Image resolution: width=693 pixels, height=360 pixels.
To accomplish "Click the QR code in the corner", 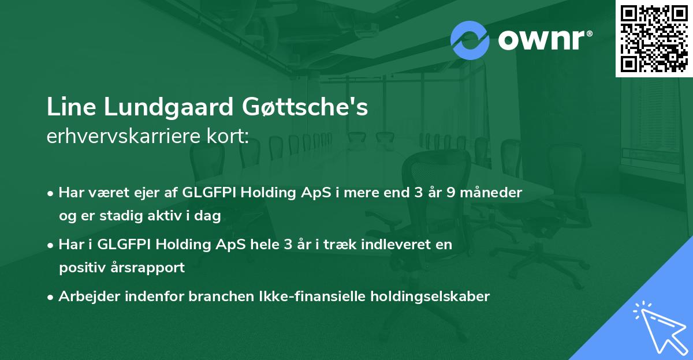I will click(x=654, y=38).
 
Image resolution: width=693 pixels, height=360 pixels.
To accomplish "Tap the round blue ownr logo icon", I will click(x=470, y=40).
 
